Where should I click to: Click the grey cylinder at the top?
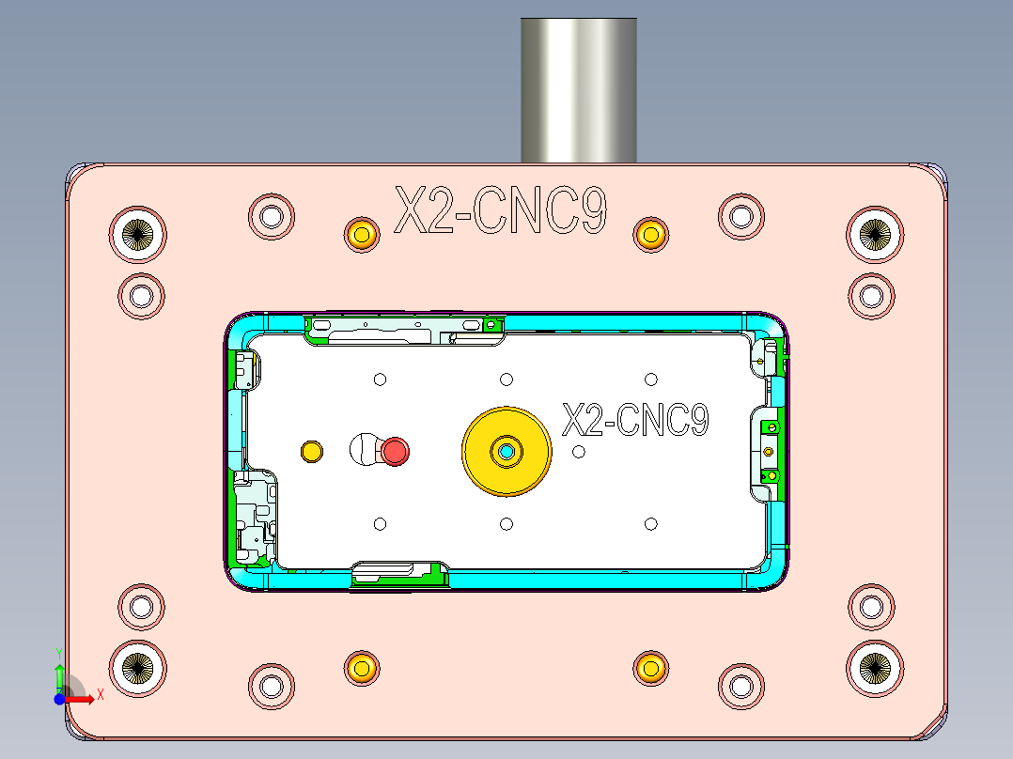tap(579, 89)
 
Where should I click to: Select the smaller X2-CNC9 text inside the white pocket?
tap(635, 420)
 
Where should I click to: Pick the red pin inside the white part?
tap(395, 452)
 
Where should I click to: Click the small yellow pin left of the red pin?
tap(311, 452)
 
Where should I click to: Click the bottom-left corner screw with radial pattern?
tap(138, 667)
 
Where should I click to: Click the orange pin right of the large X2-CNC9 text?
tap(650, 234)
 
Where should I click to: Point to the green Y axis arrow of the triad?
tap(59, 674)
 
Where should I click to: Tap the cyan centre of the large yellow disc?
tap(506, 453)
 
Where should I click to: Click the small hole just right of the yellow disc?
tap(579, 452)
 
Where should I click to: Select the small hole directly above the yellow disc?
tap(506, 379)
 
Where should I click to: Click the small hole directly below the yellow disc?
tap(506, 523)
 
